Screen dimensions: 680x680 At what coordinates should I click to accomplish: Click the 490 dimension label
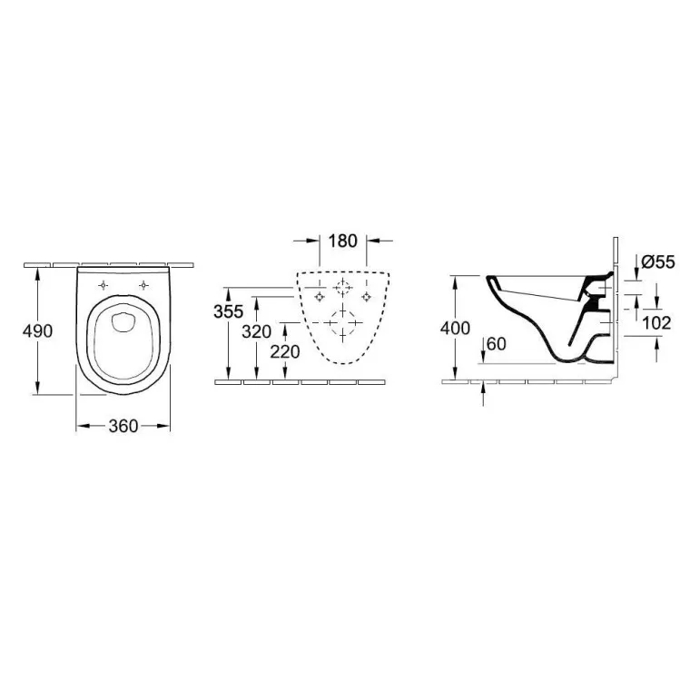click(x=37, y=330)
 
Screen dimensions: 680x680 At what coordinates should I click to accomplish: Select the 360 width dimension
click(x=123, y=426)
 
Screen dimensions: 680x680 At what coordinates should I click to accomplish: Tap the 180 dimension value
click(x=342, y=241)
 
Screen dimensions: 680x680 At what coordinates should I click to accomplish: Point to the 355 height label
click(x=228, y=311)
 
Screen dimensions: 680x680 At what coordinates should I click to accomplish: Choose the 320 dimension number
click(x=256, y=331)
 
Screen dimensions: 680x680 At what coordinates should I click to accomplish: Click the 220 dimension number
click(x=285, y=351)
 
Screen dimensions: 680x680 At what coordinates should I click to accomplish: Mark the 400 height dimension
click(x=455, y=329)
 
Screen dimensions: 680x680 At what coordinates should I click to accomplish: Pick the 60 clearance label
click(x=497, y=344)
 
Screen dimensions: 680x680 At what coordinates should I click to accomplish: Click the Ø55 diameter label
click(x=658, y=262)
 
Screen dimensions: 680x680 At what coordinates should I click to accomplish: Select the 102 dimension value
click(x=656, y=323)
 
